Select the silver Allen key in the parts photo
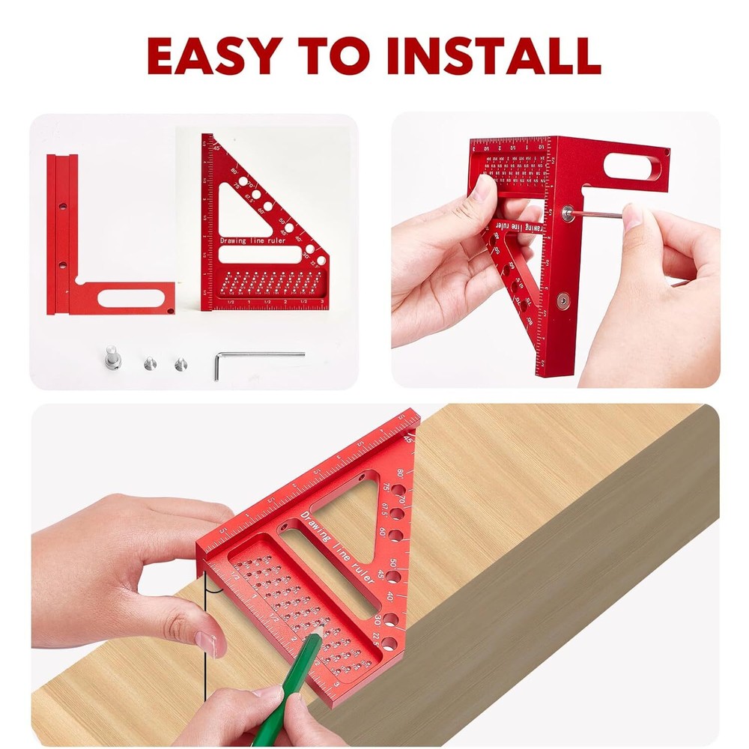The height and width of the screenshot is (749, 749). pos(258,357)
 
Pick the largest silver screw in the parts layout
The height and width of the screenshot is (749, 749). pos(112,357)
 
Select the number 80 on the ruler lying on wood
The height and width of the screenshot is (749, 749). pos(401,473)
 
